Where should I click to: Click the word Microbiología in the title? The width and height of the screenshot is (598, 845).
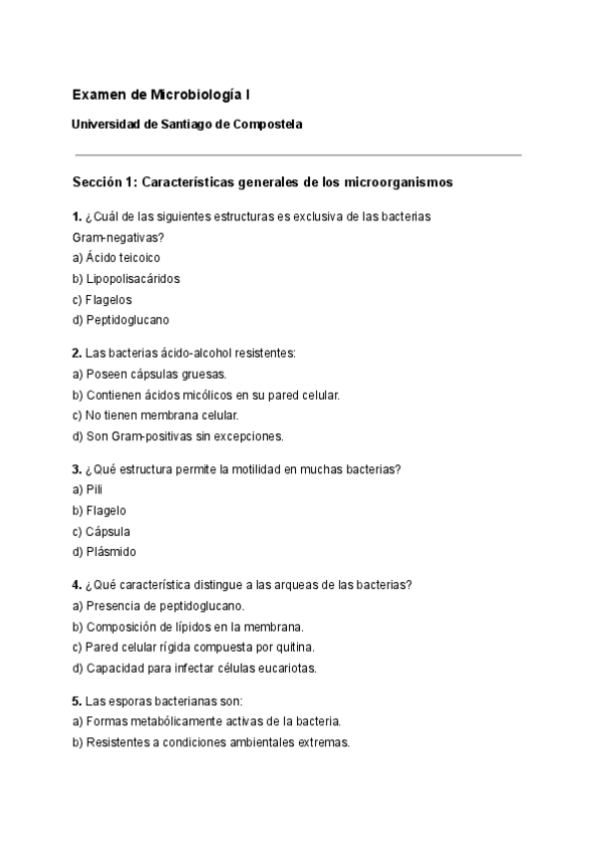point(195,95)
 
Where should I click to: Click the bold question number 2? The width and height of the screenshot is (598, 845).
point(77,353)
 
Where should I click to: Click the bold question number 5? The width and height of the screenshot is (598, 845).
point(77,700)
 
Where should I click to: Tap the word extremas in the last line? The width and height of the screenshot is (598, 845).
point(325,742)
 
